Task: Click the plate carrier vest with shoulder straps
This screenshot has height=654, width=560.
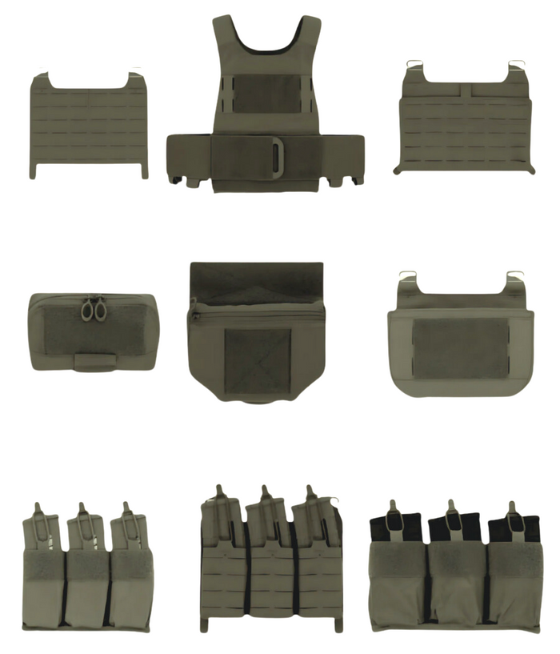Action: point(266,104)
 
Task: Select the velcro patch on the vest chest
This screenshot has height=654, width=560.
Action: point(267,94)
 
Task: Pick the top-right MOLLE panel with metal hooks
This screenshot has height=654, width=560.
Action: point(465,120)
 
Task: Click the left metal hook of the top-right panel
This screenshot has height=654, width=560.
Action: point(415,64)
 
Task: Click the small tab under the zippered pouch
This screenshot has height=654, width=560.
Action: point(94,363)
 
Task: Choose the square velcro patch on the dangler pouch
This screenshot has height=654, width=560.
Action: point(257,361)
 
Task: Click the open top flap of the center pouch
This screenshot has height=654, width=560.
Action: point(256,282)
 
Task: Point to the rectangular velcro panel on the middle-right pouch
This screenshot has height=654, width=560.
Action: point(461,347)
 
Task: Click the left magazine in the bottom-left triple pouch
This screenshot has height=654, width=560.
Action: point(41,528)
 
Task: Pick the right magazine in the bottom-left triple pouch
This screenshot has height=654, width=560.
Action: point(128,528)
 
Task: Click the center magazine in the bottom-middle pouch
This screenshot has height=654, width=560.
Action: point(269,512)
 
